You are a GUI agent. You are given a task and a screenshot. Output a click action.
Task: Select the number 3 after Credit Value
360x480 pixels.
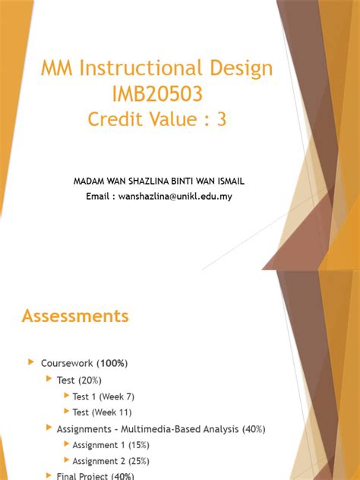[x=221, y=120]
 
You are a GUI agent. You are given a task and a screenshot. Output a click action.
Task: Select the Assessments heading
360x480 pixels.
[x=75, y=315]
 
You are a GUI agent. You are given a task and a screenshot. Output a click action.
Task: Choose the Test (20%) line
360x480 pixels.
[x=79, y=380]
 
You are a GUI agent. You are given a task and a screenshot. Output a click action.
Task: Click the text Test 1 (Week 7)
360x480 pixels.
[x=103, y=396]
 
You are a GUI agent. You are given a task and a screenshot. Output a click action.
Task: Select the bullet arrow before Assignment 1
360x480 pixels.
[x=66, y=445]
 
